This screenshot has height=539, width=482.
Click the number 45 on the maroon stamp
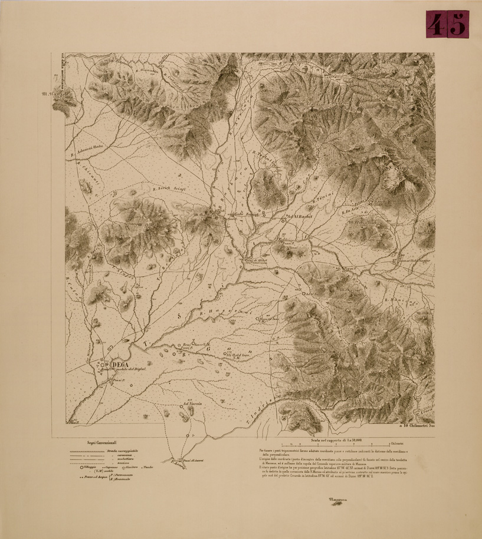coord(447,24)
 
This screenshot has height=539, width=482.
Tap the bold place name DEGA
coord(119,364)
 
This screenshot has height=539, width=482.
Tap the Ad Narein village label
coord(193,404)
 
